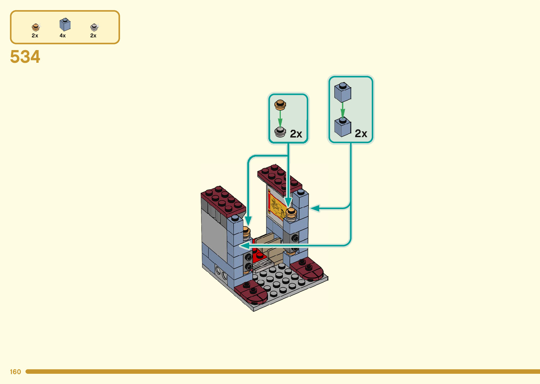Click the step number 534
(x=25, y=57)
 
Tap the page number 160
(x=15, y=372)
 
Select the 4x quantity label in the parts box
(x=62, y=36)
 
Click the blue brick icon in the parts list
(x=65, y=25)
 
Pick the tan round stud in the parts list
(x=35, y=27)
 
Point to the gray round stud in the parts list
(x=94, y=27)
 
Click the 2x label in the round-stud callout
(x=296, y=134)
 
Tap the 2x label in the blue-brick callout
(x=361, y=134)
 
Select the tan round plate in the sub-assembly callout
(x=280, y=104)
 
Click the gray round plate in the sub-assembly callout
(x=280, y=132)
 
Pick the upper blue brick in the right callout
(x=342, y=92)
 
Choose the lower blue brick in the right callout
(x=342, y=127)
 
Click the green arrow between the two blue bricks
(x=342, y=109)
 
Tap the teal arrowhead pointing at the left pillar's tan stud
(x=248, y=221)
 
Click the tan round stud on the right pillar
(x=291, y=212)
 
